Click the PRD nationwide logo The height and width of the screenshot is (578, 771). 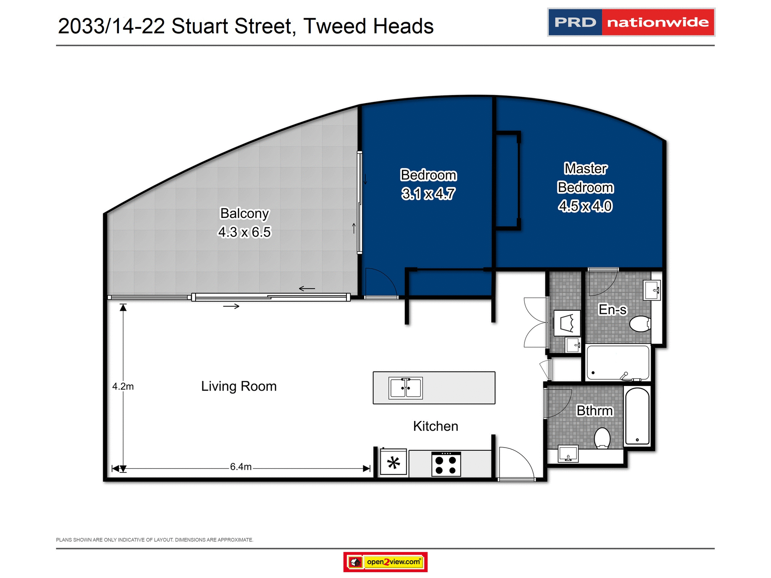[x=631, y=22]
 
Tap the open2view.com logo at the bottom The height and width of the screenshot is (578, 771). [x=385, y=562]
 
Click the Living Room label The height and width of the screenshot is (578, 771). [x=239, y=386]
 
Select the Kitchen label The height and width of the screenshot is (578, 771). [x=435, y=426]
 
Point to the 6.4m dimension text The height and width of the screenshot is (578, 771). [x=241, y=467]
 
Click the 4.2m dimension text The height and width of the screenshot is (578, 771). [x=123, y=387]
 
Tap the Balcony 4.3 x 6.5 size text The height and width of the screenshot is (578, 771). [x=244, y=232]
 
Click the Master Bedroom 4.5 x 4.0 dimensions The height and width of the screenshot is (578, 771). [x=585, y=206]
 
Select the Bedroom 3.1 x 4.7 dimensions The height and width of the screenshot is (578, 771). [x=428, y=194]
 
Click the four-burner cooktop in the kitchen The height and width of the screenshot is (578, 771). [x=446, y=464]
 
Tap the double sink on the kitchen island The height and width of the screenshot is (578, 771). [x=406, y=388]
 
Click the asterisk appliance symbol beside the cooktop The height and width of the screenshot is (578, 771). [x=394, y=463]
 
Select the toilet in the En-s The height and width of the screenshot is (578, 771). [x=640, y=324]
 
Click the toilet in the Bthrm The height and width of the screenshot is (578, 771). [x=602, y=438]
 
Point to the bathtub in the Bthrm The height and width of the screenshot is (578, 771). [x=637, y=416]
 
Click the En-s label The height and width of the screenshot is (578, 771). [x=612, y=309]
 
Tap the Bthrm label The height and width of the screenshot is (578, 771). [x=595, y=411]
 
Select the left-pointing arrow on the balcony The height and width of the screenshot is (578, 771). [x=307, y=289]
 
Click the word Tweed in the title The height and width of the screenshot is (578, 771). [x=335, y=26]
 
